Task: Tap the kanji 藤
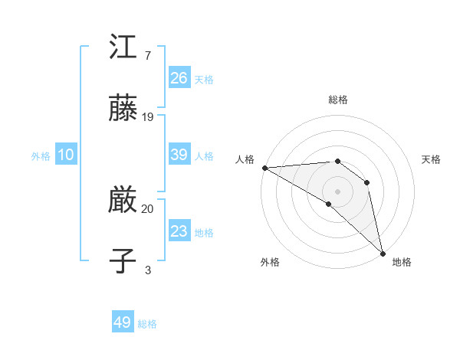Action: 123,109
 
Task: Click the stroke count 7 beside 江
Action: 148,55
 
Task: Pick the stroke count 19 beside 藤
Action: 148,116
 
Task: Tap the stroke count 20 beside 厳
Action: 148,208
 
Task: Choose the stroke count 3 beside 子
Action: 148,270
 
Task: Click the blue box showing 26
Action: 179,78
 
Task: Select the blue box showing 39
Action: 179,155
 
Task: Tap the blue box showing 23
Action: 179,231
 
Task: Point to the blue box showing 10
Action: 66,155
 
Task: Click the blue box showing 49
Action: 123,322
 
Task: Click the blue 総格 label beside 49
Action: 148,324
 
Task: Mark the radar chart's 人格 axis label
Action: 245,159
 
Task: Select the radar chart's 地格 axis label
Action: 402,262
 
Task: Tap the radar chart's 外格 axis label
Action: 270,262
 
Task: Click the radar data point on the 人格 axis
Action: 264,168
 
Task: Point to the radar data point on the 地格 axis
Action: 383,254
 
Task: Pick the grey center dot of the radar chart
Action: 337,191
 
